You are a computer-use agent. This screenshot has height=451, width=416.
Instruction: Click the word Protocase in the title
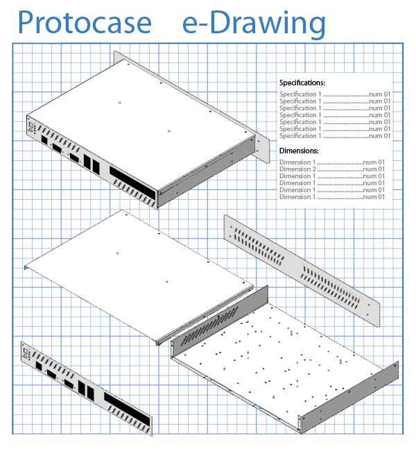tap(84, 24)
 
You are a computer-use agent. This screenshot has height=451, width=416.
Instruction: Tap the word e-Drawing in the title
tap(254, 24)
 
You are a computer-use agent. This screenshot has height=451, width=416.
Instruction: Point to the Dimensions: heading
tap(299, 151)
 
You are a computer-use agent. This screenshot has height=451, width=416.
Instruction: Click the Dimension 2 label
tap(297, 169)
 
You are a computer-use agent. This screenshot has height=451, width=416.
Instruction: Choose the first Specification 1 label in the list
tap(300, 94)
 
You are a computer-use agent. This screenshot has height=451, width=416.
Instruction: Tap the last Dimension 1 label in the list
tap(297, 197)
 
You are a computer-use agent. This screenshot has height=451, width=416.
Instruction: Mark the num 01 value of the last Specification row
tap(379, 136)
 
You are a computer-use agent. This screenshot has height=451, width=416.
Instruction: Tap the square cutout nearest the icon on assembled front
tap(45, 139)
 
